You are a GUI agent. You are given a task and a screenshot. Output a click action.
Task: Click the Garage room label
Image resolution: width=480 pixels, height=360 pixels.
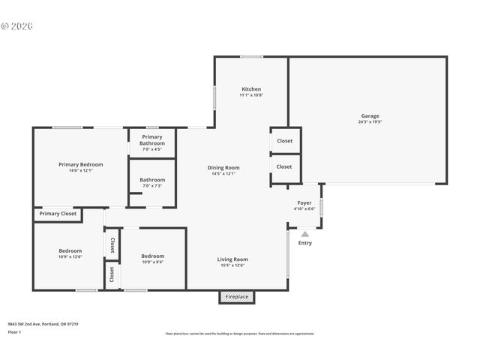(x=370, y=116)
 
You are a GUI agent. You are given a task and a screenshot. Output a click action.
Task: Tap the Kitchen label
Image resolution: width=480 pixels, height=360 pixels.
(x=251, y=89)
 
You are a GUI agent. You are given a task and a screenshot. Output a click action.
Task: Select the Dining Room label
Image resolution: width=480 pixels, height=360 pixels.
(x=223, y=167)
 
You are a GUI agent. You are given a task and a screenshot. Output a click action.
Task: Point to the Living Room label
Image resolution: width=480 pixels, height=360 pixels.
(x=232, y=259)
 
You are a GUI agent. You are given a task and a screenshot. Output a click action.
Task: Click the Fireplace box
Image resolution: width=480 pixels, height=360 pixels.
(x=237, y=297)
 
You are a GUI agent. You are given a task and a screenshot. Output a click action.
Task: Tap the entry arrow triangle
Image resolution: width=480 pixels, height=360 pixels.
(x=304, y=234)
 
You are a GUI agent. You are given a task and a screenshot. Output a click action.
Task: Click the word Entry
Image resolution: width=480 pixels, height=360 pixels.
(x=305, y=243)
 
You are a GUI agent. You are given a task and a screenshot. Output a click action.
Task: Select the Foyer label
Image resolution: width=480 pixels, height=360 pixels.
(x=304, y=202)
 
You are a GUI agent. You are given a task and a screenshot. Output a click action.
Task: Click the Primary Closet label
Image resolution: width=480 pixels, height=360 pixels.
(x=58, y=214)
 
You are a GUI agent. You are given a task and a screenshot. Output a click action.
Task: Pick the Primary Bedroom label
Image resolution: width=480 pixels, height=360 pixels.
(x=81, y=164)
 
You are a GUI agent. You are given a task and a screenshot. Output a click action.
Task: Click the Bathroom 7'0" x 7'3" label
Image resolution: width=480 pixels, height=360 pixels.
(x=152, y=180)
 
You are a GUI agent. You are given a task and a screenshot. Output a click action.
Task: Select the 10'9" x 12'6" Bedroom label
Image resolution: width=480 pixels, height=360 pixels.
(x=70, y=250)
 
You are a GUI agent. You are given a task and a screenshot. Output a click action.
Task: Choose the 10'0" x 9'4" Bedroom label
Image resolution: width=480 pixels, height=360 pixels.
(x=153, y=256)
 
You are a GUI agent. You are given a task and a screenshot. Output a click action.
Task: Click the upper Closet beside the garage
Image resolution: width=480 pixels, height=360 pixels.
(x=285, y=140)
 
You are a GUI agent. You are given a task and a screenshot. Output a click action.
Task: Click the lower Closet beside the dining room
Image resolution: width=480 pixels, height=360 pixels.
(x=285, y=166)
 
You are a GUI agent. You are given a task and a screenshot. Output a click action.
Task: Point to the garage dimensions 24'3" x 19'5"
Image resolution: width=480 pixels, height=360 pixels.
(x=370, y=121)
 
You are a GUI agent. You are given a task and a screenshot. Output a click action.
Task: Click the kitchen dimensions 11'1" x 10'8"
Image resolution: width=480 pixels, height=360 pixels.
(x=251, y=95)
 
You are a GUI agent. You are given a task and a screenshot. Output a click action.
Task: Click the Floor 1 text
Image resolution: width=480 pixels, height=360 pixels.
(x=15, y=331)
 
